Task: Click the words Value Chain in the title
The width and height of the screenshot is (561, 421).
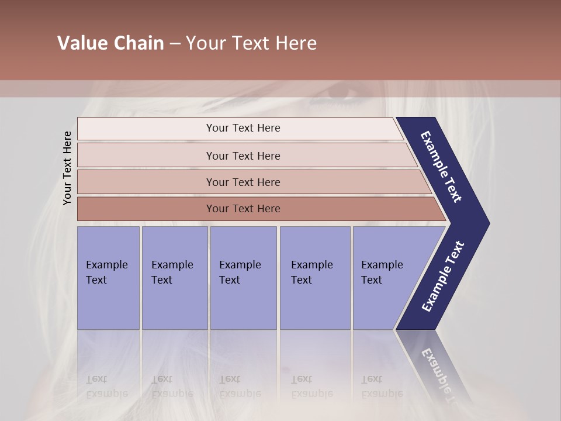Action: (110, 43)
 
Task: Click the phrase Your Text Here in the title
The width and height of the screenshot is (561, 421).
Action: (251, 43)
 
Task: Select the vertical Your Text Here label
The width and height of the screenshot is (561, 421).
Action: (67, 168)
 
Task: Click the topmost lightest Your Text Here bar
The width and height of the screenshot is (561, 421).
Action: (243, 128)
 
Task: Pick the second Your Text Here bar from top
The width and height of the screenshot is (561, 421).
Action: (243, 156)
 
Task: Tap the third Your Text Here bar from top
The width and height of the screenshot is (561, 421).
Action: (243, 182)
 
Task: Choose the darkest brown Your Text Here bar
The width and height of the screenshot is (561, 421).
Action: (243, 209)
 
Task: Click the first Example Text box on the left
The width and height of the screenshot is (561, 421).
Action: (108, 278)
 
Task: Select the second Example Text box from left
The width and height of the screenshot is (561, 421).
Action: (174, 278)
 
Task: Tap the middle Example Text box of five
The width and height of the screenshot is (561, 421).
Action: (243, 278)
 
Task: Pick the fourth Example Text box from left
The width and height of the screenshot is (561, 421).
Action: (314, 278)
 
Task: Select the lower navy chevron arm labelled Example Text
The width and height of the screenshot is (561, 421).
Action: (442, 277)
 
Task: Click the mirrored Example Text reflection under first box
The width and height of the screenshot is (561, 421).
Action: (106, 387)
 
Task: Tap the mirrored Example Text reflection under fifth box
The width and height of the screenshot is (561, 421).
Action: (382, 387)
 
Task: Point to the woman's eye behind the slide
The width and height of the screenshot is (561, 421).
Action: (345, 94)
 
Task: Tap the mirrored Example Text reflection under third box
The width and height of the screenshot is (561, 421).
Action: (240, 387)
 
